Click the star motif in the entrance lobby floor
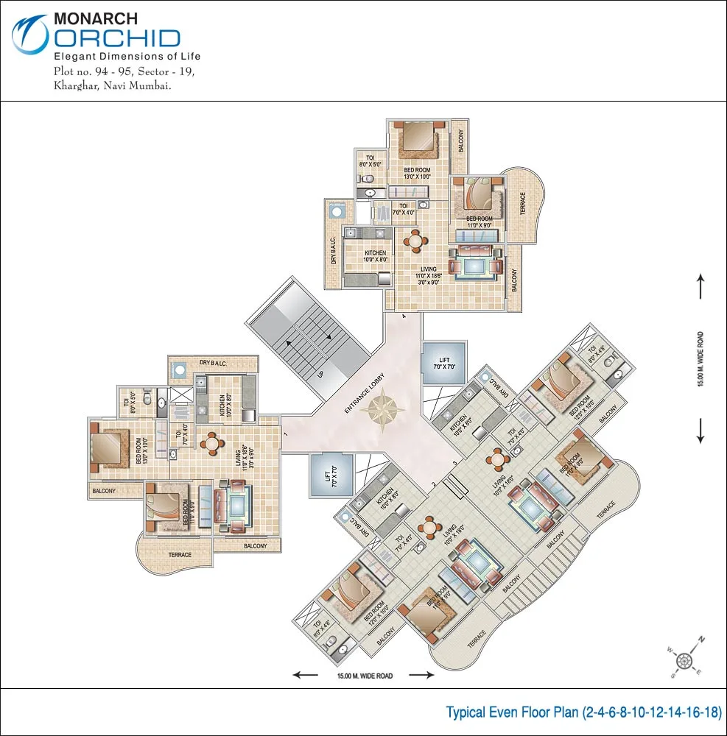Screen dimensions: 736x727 384,412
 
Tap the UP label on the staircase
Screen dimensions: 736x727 320,372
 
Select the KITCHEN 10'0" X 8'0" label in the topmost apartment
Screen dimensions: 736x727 375,256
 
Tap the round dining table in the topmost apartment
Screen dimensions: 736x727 415,241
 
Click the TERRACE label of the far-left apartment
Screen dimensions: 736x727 180,555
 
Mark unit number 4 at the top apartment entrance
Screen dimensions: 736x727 404,316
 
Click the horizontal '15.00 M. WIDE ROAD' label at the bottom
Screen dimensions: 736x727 365,675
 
